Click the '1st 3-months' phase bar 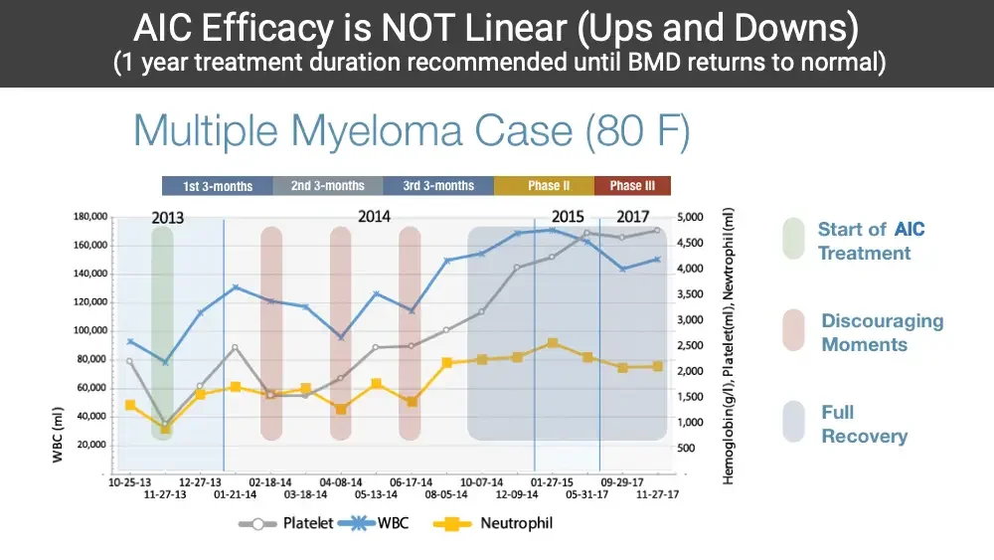[217, 186]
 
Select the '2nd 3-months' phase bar [328, 186]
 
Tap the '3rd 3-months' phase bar [438, 186]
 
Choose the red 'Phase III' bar [632, 186]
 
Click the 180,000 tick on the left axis [90, 217]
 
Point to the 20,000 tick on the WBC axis [93, 445]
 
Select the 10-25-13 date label [130, 480]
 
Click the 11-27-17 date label [657, 493]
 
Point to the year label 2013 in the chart [169, 218]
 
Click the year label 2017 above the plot [633, 217]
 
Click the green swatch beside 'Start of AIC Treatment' [793, 239]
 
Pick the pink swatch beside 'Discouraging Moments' [793, 331]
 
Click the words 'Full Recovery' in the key [864, 425]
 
